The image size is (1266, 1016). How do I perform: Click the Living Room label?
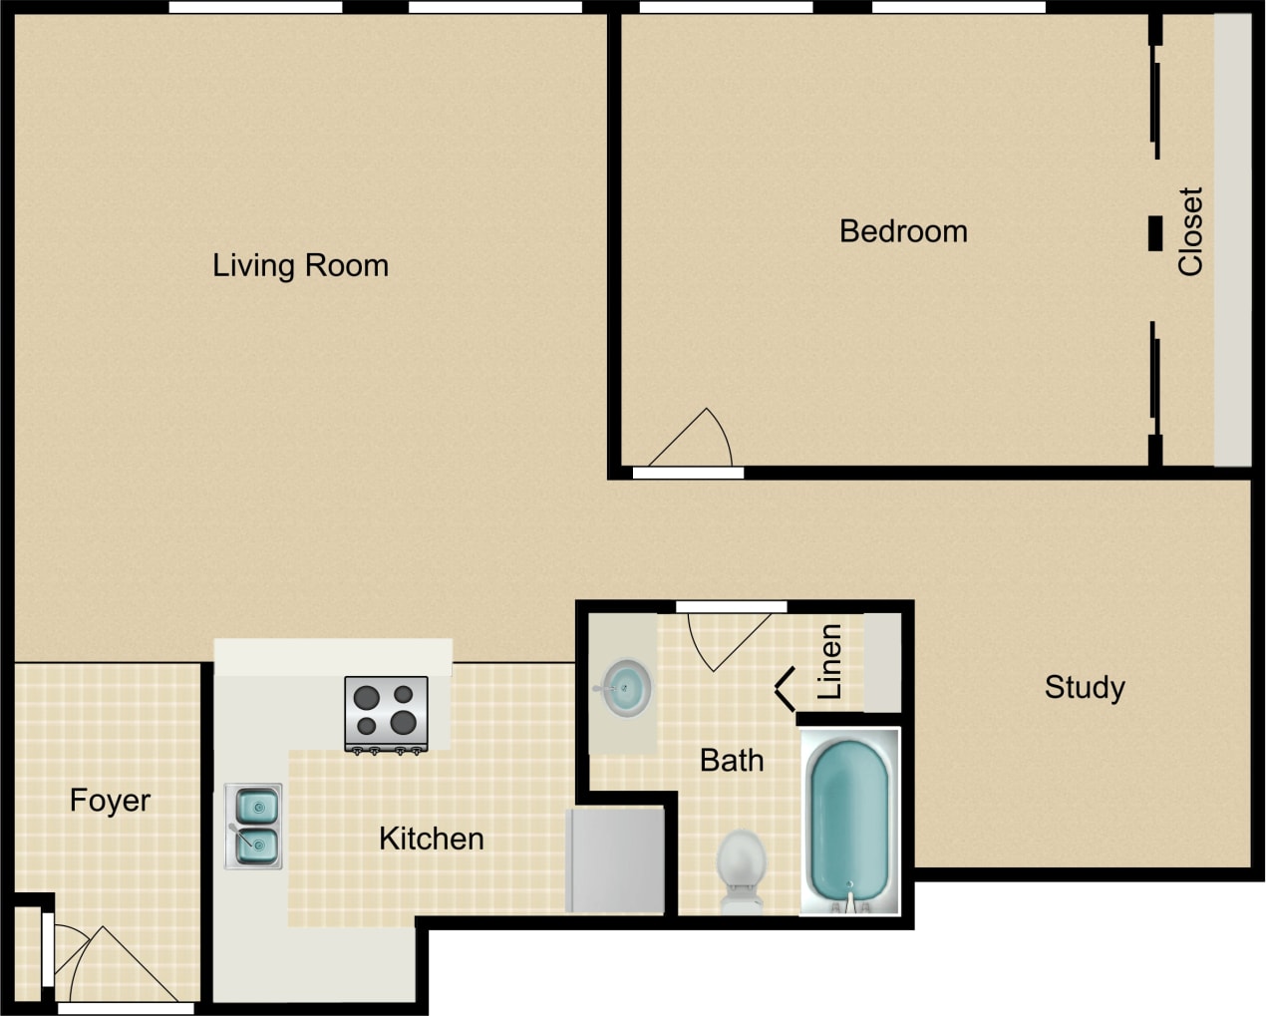(x=300, y=265)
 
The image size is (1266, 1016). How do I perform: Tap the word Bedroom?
(x=903, y=231)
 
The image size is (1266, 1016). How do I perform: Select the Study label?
(x=1085, y=687)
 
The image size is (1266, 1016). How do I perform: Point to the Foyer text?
(x=110, y=801)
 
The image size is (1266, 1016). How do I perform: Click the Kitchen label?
(x=431, y=839)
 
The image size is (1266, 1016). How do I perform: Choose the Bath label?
(x=732, y=761)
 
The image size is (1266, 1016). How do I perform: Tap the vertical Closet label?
(x=1190, y=231)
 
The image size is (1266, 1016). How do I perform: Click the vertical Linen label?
(x=829, y=661)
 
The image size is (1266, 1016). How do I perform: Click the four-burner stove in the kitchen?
(x=386, y=712)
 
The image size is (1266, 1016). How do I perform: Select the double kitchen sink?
(x=254, y=826)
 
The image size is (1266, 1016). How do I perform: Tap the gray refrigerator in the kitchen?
(x=615, y=859)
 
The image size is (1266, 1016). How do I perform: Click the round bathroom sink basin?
(x=625, y=688)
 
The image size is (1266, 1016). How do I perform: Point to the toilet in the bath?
(x=741, y=866)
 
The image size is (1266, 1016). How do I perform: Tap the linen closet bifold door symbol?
(x=786, y=688)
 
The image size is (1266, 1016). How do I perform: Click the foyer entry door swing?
(x=110, y=965)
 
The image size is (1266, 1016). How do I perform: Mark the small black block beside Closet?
(x=1155, y=233)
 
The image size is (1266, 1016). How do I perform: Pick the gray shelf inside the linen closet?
(x=881, y=662)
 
